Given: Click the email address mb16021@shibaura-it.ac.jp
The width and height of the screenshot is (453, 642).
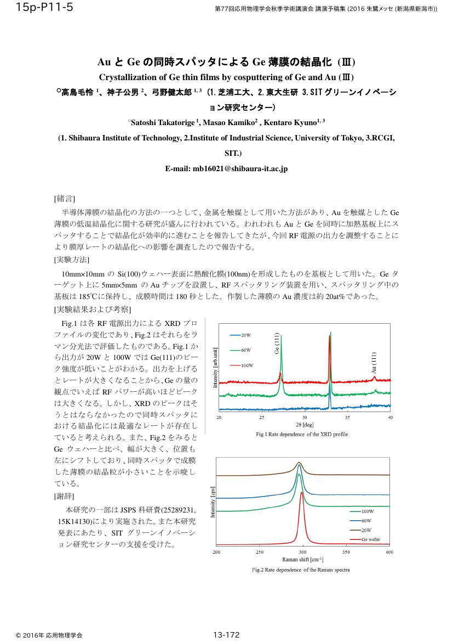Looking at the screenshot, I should [226, 169].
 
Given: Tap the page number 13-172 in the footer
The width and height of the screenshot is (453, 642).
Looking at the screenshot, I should [227, 635].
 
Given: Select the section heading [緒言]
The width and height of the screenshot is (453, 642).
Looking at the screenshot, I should [65, 198].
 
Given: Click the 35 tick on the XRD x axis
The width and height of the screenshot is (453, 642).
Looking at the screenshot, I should [347, 418].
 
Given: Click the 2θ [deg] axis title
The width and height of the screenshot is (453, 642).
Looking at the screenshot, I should [305, 425].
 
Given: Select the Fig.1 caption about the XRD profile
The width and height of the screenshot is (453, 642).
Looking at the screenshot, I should [302, 434].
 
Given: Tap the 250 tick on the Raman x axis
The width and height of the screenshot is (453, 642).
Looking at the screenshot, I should [260, 552].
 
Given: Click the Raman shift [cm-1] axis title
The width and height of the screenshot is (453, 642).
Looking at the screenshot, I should [302, 559].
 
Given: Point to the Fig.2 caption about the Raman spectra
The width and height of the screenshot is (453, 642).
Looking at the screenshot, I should [301, 570].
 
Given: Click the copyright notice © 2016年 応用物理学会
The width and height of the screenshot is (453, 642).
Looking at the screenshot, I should [49, 635].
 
